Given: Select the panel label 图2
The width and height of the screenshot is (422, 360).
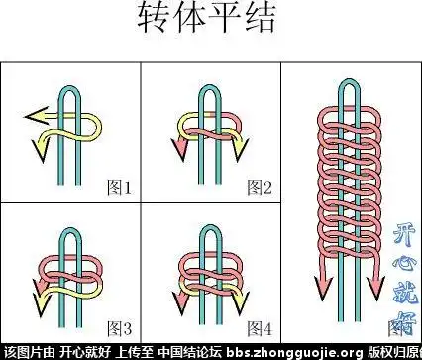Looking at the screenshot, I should pos(259,186).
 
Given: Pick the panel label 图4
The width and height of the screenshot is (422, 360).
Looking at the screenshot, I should pos(259,327).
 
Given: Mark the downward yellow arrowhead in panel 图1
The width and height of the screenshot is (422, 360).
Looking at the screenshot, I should pos(41,151).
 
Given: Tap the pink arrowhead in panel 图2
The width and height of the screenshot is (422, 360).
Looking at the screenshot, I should pos(182,151).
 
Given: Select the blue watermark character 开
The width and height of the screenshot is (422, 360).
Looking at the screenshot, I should pos(406,236).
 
